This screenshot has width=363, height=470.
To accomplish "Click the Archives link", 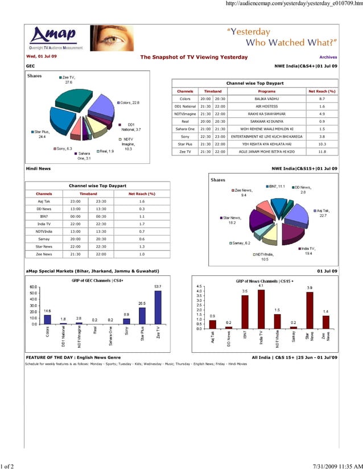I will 328,57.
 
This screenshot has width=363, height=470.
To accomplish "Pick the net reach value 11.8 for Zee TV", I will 322,152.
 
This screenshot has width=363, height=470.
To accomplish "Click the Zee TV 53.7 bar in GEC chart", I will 158,307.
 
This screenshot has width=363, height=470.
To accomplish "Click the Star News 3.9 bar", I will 310,310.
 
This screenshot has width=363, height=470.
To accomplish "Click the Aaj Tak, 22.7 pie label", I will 323,213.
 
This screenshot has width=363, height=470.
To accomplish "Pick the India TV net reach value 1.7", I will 142,224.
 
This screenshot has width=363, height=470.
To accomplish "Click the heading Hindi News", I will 38,168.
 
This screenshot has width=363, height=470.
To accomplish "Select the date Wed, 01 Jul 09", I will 42,57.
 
